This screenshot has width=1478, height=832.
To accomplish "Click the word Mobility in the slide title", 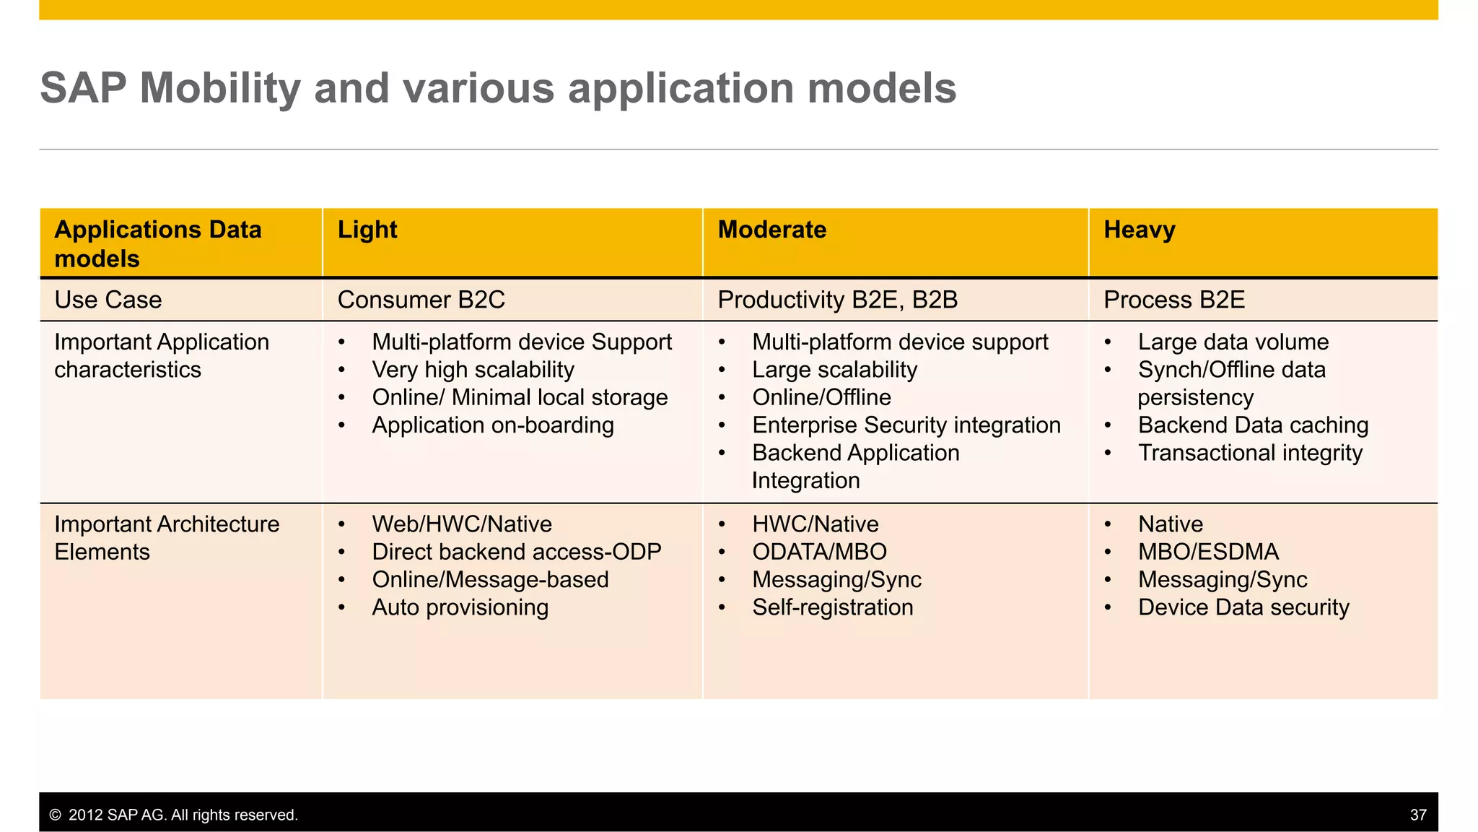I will click(x=219, y=88).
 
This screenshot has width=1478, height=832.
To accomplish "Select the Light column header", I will click(x=367, y=230).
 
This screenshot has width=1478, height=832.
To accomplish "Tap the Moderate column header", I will click(x=771, y=230).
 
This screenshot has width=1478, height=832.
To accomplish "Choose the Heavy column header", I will click(x=1139, y=230).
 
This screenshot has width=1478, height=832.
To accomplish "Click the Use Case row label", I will click(x=108, y=300).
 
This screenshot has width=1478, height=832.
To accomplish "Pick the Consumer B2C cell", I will click(x=421, y=300).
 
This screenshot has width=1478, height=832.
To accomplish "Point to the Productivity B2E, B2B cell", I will click(x=837, y=300).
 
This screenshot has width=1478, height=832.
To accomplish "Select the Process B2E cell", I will click(x=1173, y=300).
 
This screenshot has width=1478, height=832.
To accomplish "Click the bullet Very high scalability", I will click(x=473, y=370).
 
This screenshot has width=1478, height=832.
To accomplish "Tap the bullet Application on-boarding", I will click(x=492, y=425).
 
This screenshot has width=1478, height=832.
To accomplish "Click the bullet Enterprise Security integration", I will click(x=906, y=425).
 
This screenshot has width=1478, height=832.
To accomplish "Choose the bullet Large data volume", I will click(x=1233, y=342).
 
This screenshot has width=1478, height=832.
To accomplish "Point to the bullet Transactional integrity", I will click(x=1250, y=453).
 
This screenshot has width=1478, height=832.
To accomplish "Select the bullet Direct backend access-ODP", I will click(x=516, y=552).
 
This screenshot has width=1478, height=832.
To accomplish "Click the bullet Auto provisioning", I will click(x=460, y=607).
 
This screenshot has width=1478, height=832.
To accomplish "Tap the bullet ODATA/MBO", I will click(x=819, y=552).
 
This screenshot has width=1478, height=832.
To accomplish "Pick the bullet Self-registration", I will click(x=832, y=607).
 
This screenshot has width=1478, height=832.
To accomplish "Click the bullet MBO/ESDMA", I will click(x=1207, y=552).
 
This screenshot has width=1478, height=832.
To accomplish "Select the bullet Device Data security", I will click(x=1243, y=607).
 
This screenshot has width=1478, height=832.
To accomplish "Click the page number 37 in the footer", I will click(x=1417, y=815).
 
